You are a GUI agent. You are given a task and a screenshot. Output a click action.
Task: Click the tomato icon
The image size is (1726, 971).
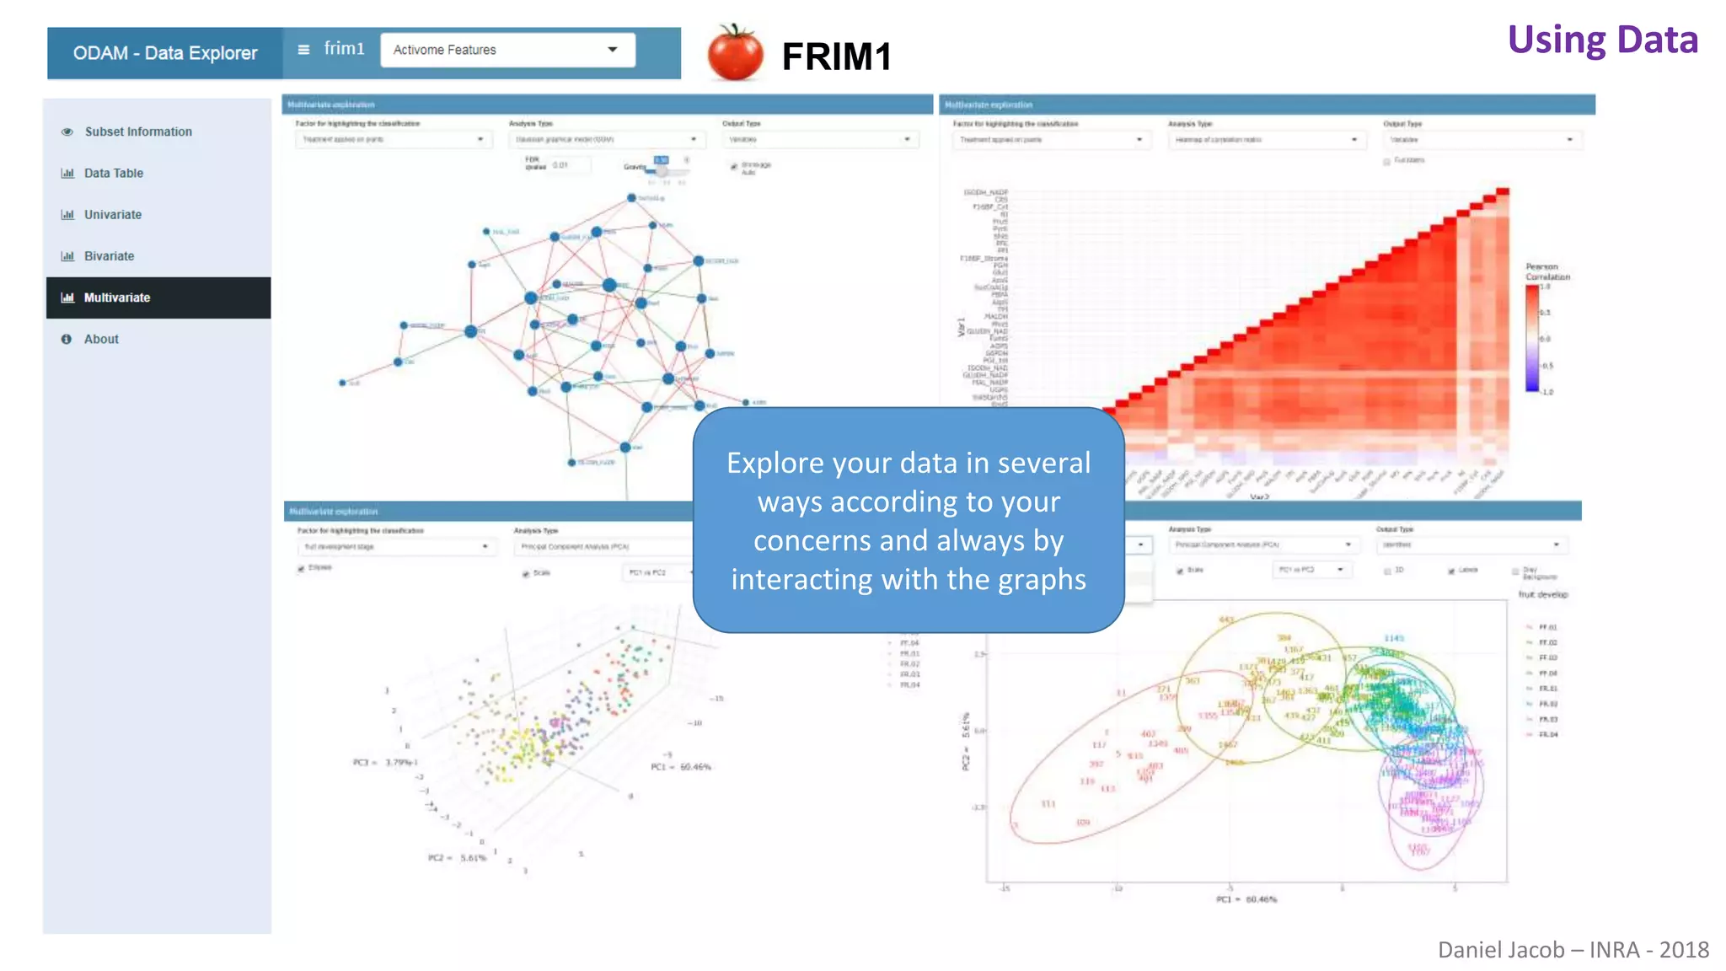click(735, 53)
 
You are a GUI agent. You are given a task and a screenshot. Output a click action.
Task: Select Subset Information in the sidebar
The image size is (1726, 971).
click(138, 131)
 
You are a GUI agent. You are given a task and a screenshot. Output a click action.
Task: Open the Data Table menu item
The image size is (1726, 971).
click(114, 173)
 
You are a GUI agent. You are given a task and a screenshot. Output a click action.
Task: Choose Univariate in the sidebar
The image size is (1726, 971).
click(113, 214)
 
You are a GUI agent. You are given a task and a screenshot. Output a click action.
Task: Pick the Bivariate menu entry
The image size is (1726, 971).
click(109, 256)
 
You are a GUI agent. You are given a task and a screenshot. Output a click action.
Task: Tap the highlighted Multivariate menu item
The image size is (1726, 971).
click(116, 298)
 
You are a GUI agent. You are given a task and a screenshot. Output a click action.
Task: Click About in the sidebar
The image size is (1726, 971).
click(101, 339)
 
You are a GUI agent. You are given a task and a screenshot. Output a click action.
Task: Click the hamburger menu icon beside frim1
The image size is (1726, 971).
click(303, 50)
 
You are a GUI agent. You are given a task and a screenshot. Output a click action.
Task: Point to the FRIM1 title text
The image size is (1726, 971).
click(836, 56)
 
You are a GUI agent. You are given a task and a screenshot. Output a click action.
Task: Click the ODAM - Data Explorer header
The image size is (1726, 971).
click(165, 53)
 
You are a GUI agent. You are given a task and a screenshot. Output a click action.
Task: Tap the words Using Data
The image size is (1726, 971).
click(1602, 40)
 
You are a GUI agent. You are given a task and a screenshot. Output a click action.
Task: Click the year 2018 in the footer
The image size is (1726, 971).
click(1684, 950)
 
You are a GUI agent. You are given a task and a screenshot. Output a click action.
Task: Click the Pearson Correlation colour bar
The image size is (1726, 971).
click(1531, 338)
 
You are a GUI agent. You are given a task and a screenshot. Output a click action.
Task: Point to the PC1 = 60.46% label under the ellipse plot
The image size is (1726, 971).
click(1246, 899)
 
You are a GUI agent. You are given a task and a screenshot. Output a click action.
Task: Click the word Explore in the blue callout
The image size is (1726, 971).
click(775, 463)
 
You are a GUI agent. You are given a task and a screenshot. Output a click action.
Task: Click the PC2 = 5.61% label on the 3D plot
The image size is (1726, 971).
click(457, 858)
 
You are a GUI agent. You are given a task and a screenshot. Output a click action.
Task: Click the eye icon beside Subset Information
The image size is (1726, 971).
click(67, 131)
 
